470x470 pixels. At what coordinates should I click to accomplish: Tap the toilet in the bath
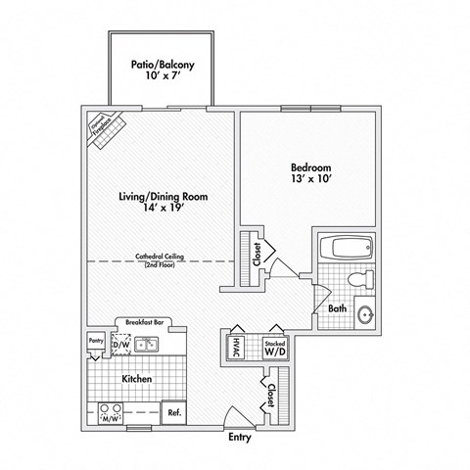[361, 278]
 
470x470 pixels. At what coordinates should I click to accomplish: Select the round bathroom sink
[365, 315]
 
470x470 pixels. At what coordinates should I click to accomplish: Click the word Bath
[338, 309]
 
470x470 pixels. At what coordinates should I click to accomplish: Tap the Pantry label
[96, 340]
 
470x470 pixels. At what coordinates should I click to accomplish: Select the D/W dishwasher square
[119, 344]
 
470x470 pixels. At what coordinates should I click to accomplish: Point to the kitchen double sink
[148, 345]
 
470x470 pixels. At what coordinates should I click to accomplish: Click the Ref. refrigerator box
[173, 413]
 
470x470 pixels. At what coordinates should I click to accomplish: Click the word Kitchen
[135, 377]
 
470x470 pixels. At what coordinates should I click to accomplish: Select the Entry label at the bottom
[241, 438]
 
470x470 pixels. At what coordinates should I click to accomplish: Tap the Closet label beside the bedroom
[257, 255]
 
